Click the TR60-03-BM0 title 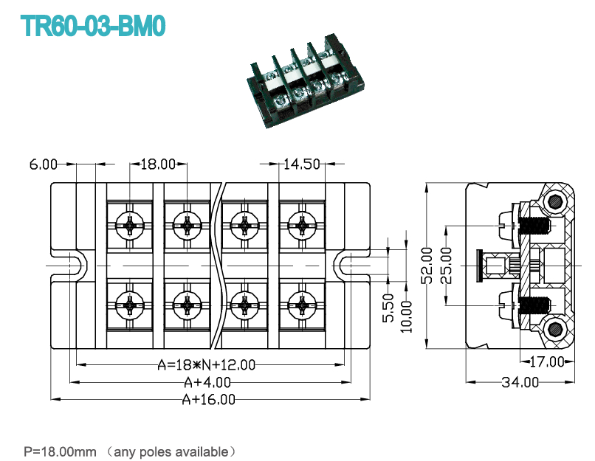pyautogui.click(x=93, y=26)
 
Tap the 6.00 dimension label pyautogui.click(x=44, y=164)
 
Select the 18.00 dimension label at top pyautogui.click(x=158, y=164)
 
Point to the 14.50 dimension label pyautogui.click(x=302, y=164)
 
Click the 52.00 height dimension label pyautogui.click(x=427, y=266)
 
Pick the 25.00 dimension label pyautogui.click(x=447, y=266)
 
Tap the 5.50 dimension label pyautogui.click(x=388, y=308)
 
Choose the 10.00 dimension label pyautogui.click(x=407, y=316)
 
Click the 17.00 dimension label pyautogui.click(x=547, y=361)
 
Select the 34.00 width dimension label pyautogui.click(x=520, y=382)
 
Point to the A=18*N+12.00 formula pyautogui.click(x=207, y=364)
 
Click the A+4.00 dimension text pyautogui.click(x=207, y=382)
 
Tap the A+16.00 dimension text pyautogui.click(x=209, y=399)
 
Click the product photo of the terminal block pyautogui.click(x=305, y=80)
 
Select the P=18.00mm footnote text pyautogui.click(x=60, y=451)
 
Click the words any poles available pyautogui.click(x=171, y=452)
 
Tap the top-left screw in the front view pyautogui.click(x=129, y=225)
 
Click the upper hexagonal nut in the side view pyautogui.click(x=556, y=201)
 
